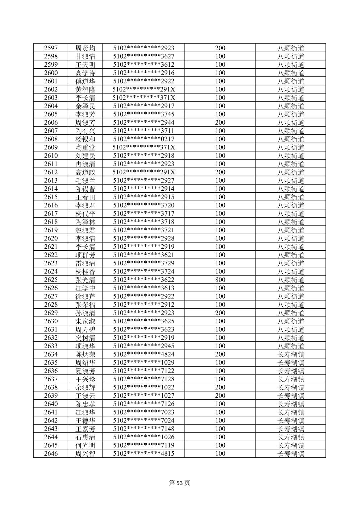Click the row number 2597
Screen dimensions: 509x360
tap(51, 48)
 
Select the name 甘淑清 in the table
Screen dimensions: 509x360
tap(85, 56)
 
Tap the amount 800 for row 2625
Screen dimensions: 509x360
tap(220, 280)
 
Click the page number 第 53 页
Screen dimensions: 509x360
tap(179, 483)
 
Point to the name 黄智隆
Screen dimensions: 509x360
tap(85, 89)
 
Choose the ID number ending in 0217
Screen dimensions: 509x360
tap(144, 139)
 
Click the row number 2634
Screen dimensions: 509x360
tap(51, 354)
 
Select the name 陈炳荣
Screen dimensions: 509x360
tap(85, 354)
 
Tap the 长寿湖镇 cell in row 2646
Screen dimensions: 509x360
tap(291, 454)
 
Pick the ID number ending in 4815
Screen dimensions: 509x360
tap(144, 454)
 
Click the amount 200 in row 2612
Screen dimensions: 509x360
tap(220, 172)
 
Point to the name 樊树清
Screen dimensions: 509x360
tap(85, 338)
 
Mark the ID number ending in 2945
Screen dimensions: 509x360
tap(144, 346)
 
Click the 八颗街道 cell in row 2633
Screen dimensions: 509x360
tap(291, 346)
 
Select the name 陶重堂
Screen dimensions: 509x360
tap(85, 147)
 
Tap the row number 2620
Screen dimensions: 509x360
tap(51, 238)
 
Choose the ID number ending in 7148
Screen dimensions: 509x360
tap(144, 429)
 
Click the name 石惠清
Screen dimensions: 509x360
tap(85, 437)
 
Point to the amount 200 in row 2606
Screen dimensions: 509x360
tap(220, 123)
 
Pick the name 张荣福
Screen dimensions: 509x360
tap(85, 305)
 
